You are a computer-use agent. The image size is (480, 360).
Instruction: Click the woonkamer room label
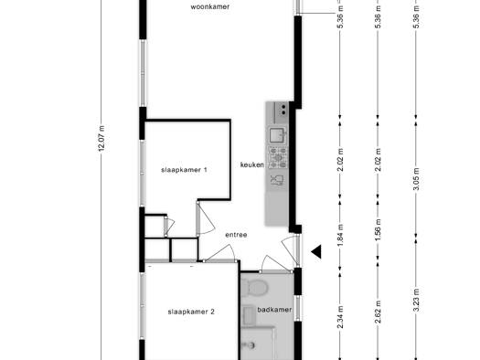pyautogui.click(x=210, y=6)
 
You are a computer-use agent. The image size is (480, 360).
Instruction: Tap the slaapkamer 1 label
pyautogui.click(x=185, y=170)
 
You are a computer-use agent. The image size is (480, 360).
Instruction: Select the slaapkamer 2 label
pyautogui.click(x=191, y=312)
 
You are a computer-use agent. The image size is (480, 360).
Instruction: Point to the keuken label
pyautogui.click(x=252, y=164)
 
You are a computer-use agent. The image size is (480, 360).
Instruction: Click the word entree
pyautogui.click(x=236, y=235)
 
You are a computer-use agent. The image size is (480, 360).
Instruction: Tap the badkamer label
pyautogui.click(x=274, y=310)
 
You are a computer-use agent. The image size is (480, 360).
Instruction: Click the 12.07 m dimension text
pyautogui.click(x=101, y=138)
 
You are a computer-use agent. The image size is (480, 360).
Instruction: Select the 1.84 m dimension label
pyautogui.click(x=340, y=235)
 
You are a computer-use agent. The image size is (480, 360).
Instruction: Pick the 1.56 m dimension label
pyautogui.click(x=379, y=229)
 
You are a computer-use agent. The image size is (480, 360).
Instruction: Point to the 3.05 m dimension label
pyautogui.click(x=416, y=179)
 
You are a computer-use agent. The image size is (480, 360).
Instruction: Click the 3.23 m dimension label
pyautogui.click(x=416, y=301)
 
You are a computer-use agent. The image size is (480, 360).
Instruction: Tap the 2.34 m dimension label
pyautogui.click(x=340, y=317)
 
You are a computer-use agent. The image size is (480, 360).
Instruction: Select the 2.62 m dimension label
pyautogui.click(x=379, y=312)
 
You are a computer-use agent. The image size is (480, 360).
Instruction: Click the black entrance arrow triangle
pyautogui.click(x=316, y=251)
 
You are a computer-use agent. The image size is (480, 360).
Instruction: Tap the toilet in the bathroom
pyautogui.click(x=257, y=288)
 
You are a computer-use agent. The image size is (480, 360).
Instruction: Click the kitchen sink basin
pyautogui.click(x=277, y=135)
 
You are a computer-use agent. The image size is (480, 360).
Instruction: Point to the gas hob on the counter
pyautogui.click(x=278, y=157)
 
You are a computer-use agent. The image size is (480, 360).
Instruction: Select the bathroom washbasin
pyautogui.click(x=250, y=315)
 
